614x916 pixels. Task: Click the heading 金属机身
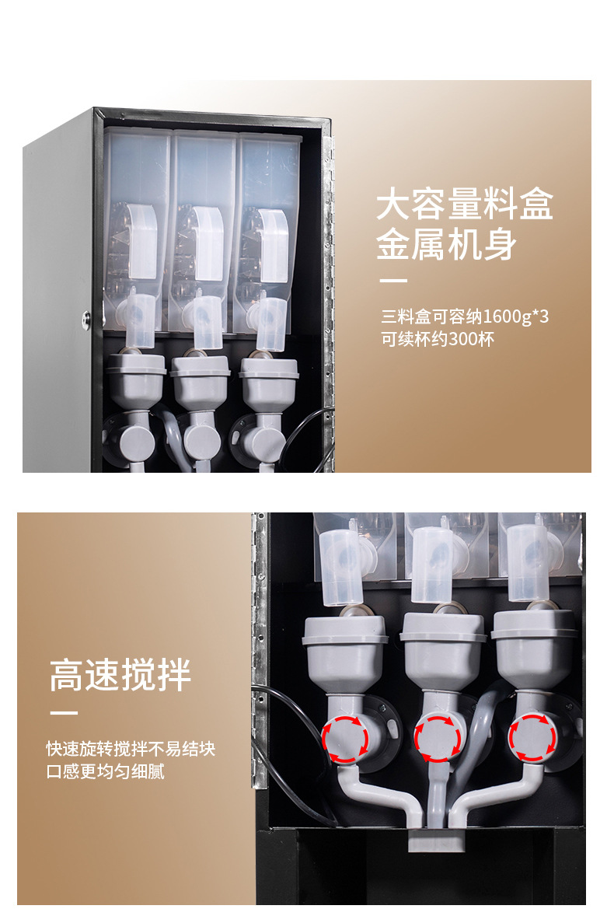click(x=446, y=243)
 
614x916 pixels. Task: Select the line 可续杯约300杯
click(x=438, y=339)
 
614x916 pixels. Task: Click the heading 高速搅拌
click(x=120, y=675)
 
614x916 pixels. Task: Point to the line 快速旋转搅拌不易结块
click(x=131, y=748)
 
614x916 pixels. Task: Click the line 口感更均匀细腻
click(x=106, y=771)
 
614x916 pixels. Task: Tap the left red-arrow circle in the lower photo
click(x=346, y=739)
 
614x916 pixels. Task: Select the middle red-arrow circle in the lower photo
click(x=438, y=739)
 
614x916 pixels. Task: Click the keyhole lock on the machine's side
click(x=86, y=320)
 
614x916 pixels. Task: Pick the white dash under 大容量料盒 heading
click(x=393, y=281)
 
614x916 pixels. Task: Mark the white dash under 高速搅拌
click(x=64, y=713)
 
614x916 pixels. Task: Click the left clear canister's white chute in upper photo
click(x=141, y=241)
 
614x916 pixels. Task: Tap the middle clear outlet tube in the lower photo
click(x=432, y=565)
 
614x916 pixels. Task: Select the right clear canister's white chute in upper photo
click(x=274, y=246)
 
